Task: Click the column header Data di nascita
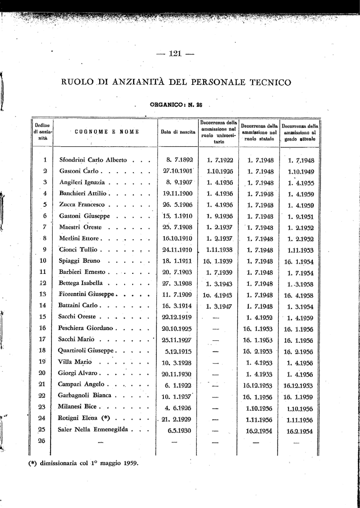pos(178,132)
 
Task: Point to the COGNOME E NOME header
pos(106,132)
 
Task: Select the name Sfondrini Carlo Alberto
pos(93,160)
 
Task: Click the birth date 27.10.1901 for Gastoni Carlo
pos(178,171)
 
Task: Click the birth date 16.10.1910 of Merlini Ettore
pos(178,238)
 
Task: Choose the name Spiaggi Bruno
pos(80,260)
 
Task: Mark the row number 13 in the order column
pos(43,294)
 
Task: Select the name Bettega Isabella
pos(81,283)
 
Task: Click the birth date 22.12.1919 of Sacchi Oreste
pos(178,317)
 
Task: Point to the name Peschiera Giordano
pos(87,328)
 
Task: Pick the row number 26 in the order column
pos(43,441)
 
